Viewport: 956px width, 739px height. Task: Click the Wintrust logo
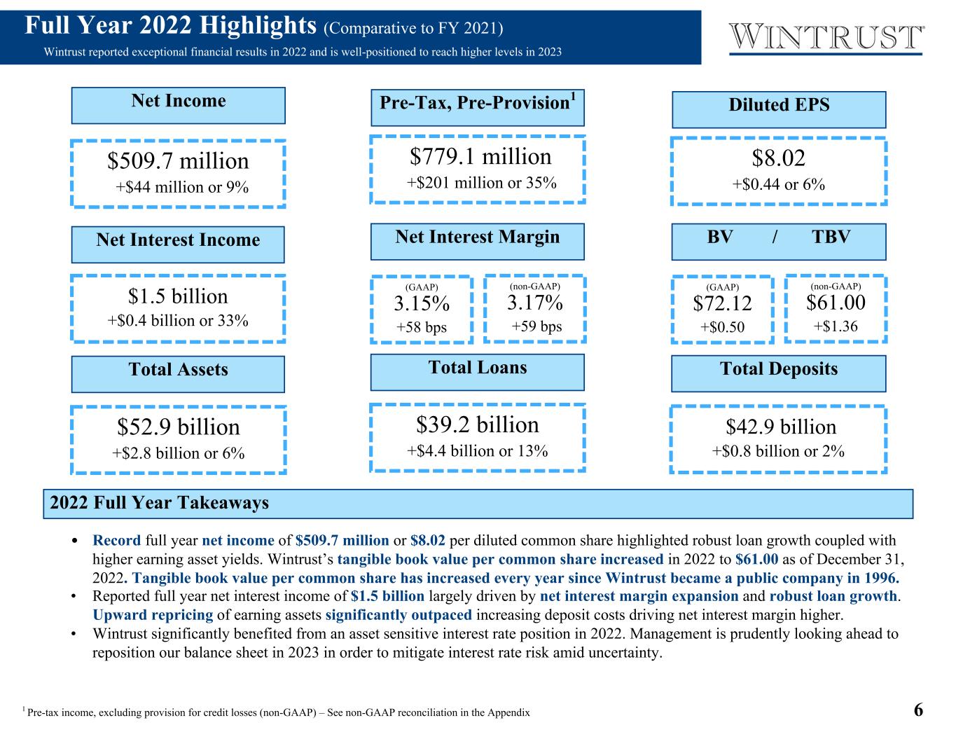click(x=826, y=37)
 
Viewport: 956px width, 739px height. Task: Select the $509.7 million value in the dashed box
click(x=178, y=161)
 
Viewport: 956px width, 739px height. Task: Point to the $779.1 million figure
click(x=480, y=156)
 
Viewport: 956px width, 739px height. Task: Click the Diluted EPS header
click(x=779, y=106)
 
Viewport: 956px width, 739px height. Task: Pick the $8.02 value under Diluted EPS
click(x=778, y=158)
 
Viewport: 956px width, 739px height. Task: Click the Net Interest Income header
click(x=178, y=240)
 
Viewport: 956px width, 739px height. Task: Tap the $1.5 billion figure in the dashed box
click(x=178, y=296)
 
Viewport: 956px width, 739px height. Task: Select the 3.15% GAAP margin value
click(x=421, y=304)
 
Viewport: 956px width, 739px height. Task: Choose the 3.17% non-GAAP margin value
click(x=535, y=303)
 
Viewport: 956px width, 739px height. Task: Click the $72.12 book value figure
click(x=722, y=304)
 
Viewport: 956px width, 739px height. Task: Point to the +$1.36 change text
click(x=836, y=326)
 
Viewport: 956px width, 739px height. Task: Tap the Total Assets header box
click(x=178, y=371)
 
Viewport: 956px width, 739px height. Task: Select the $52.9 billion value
click(x=178, y=427)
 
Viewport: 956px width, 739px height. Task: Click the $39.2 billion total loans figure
click(x=478, y=425)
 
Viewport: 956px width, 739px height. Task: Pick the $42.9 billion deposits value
click(x=780, y=427)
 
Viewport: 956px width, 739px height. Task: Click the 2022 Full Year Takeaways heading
click(x=160, y=503)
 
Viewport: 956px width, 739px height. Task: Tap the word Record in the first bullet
click(x=117, y=541)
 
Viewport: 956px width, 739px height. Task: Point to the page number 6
click(x=918, y=710)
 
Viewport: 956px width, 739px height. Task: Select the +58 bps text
click(x=421, y=328)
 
